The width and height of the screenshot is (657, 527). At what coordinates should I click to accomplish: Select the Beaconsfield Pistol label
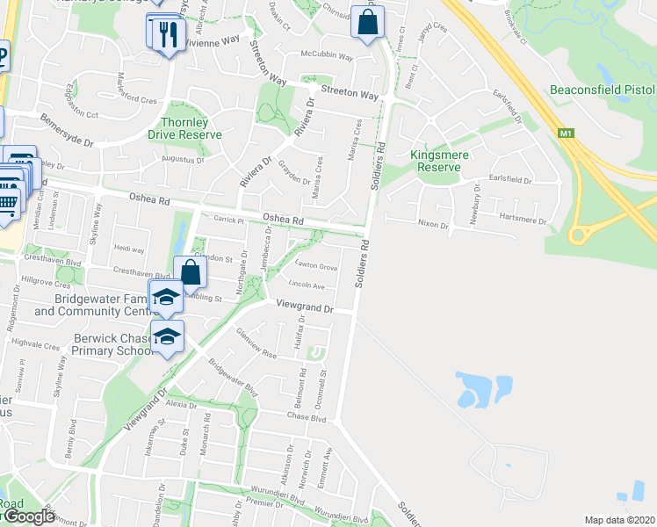603,90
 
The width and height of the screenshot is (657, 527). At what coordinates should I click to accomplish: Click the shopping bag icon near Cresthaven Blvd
191,272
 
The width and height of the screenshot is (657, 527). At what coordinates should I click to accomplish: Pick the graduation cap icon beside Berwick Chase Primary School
166,336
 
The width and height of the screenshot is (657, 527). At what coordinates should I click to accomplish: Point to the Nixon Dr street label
433,225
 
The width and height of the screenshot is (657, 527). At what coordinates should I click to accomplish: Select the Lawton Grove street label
316,266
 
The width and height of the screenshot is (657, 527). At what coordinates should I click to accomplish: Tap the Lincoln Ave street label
307,285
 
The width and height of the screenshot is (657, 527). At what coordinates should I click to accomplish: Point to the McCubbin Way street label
327,57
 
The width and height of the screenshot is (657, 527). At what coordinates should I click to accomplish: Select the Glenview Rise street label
256,348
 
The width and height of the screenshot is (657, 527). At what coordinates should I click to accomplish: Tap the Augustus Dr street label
183,160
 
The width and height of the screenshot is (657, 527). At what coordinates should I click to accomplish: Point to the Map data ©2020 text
620,520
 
